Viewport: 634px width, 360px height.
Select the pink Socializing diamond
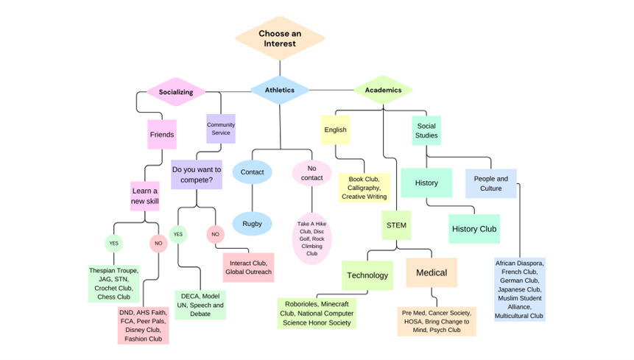176,92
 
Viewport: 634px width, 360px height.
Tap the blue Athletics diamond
279,91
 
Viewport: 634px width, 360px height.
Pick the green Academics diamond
383,91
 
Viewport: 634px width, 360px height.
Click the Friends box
162,135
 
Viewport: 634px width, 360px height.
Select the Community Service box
221,129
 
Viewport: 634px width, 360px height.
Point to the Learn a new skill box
145,197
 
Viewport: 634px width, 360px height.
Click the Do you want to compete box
197,174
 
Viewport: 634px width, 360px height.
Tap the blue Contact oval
252,172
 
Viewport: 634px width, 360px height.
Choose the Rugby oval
252,224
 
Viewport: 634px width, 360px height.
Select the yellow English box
335,130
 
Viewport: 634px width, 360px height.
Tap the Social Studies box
426,130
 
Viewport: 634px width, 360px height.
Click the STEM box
396,225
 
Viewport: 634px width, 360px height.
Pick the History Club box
474,229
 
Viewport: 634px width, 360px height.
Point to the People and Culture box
490,183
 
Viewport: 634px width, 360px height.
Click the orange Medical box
432,272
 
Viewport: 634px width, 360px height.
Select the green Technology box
367,275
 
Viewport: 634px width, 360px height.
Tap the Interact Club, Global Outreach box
248,267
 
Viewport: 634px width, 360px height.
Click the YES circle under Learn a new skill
113,242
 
